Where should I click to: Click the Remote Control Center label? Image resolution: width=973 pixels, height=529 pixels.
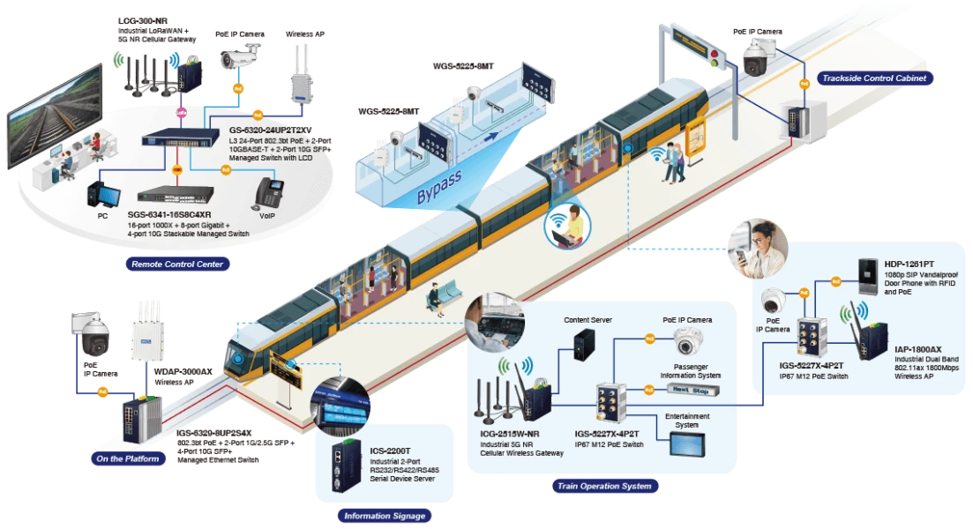(x=176, y=264)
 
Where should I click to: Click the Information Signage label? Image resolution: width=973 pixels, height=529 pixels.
(x=384, y=516)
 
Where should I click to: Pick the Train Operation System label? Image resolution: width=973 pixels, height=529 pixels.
(x=604, y=486)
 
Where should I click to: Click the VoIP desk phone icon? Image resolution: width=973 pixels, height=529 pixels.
(x=269, y=191)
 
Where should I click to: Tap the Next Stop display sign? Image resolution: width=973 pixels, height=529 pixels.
(x=690, y=389)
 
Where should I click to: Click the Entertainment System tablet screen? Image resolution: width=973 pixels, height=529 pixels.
(x=686, y=444)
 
